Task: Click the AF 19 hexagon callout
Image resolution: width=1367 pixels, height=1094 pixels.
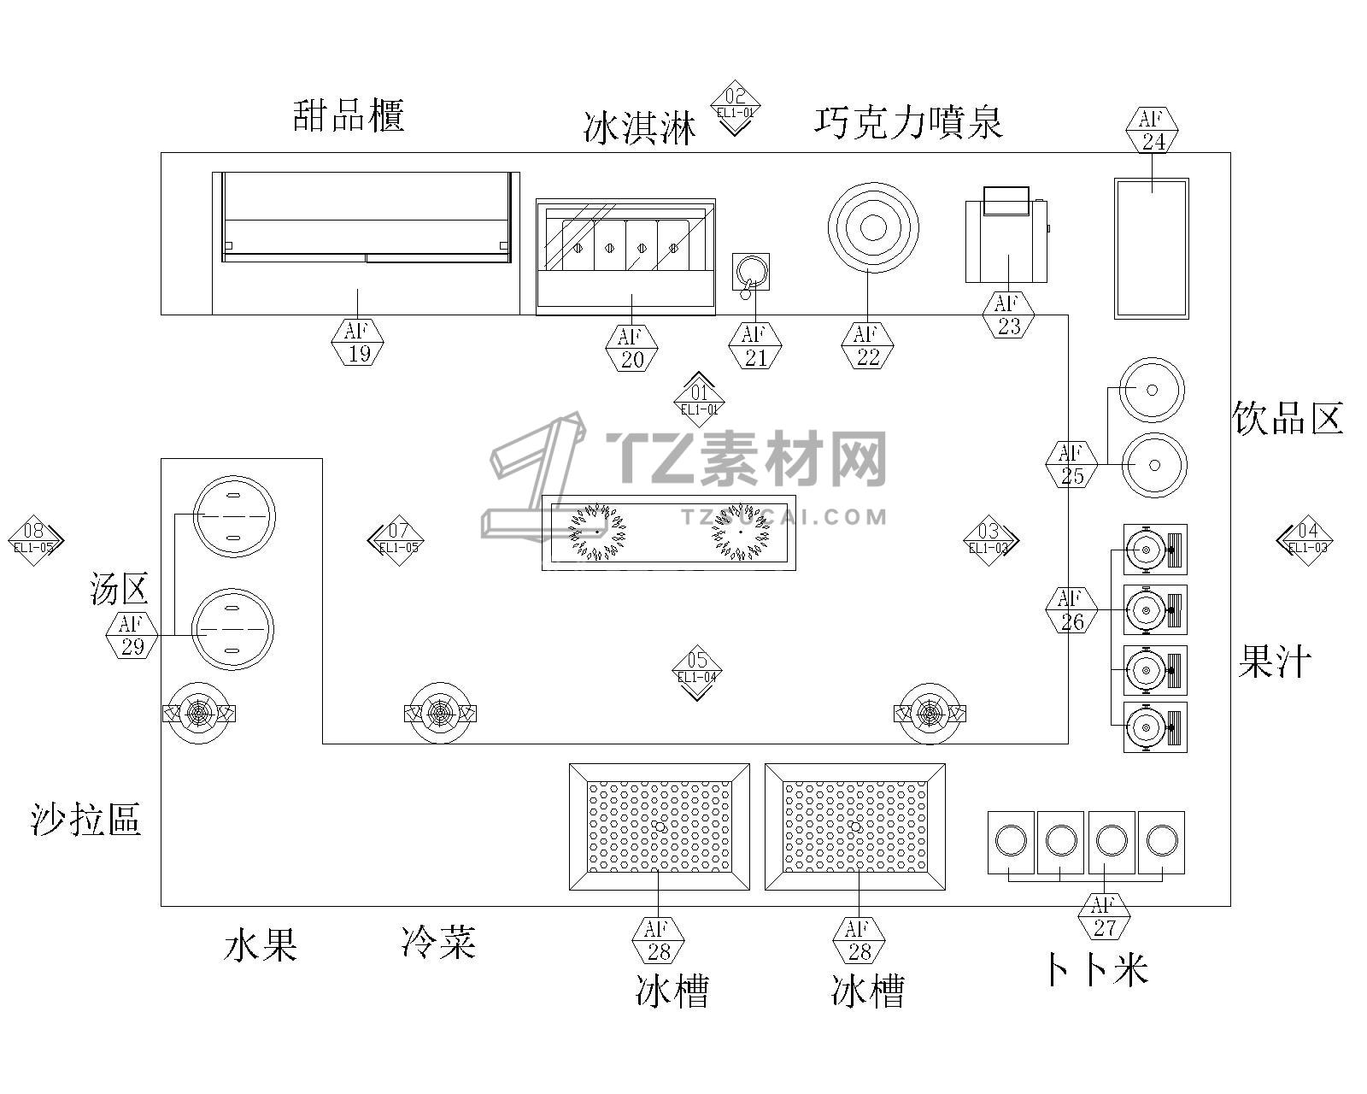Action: pyautogui.click(x=357, y=342)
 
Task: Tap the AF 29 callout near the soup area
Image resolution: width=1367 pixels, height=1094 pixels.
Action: pyautogui.click(x=131, y=635)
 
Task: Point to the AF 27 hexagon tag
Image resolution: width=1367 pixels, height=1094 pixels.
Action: pyautogui.click(x=1104, y=916)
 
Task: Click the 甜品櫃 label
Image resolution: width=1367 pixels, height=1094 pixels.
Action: pyautogui.click(x=349, y=115)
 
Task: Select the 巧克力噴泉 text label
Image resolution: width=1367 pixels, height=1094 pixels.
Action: pyautogui.click(x=907, y=122)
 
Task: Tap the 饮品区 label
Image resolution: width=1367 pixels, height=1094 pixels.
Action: pyautogui.click(x=1288, y=418)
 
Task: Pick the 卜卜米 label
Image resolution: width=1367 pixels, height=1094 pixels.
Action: pyautogui.click(x=1095, y=969)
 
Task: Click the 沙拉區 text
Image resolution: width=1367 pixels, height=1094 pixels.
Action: pyautogui.click(x=85, y=819)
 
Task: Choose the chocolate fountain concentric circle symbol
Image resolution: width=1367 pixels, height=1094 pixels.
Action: pyautogui.click(x=873, y=227)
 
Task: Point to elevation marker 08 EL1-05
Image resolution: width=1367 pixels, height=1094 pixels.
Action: pyautogui.click(x=34, y=539)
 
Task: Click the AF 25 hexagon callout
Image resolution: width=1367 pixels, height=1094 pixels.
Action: pyautogui.click(x=1071, y=464)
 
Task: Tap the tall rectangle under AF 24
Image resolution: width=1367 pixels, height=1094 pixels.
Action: pyautogui.click(x=1151, y=248)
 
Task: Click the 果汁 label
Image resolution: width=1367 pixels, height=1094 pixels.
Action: pyautogui.click(x=1274, y=661)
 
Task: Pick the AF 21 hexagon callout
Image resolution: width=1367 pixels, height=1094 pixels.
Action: pyautogui.click(x=754, y=345)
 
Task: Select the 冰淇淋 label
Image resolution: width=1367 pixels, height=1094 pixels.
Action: pyautogui.click(x=640, y=127)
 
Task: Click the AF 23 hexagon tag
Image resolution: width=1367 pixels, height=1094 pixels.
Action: pyautogui.click(x=1008, y=314)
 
